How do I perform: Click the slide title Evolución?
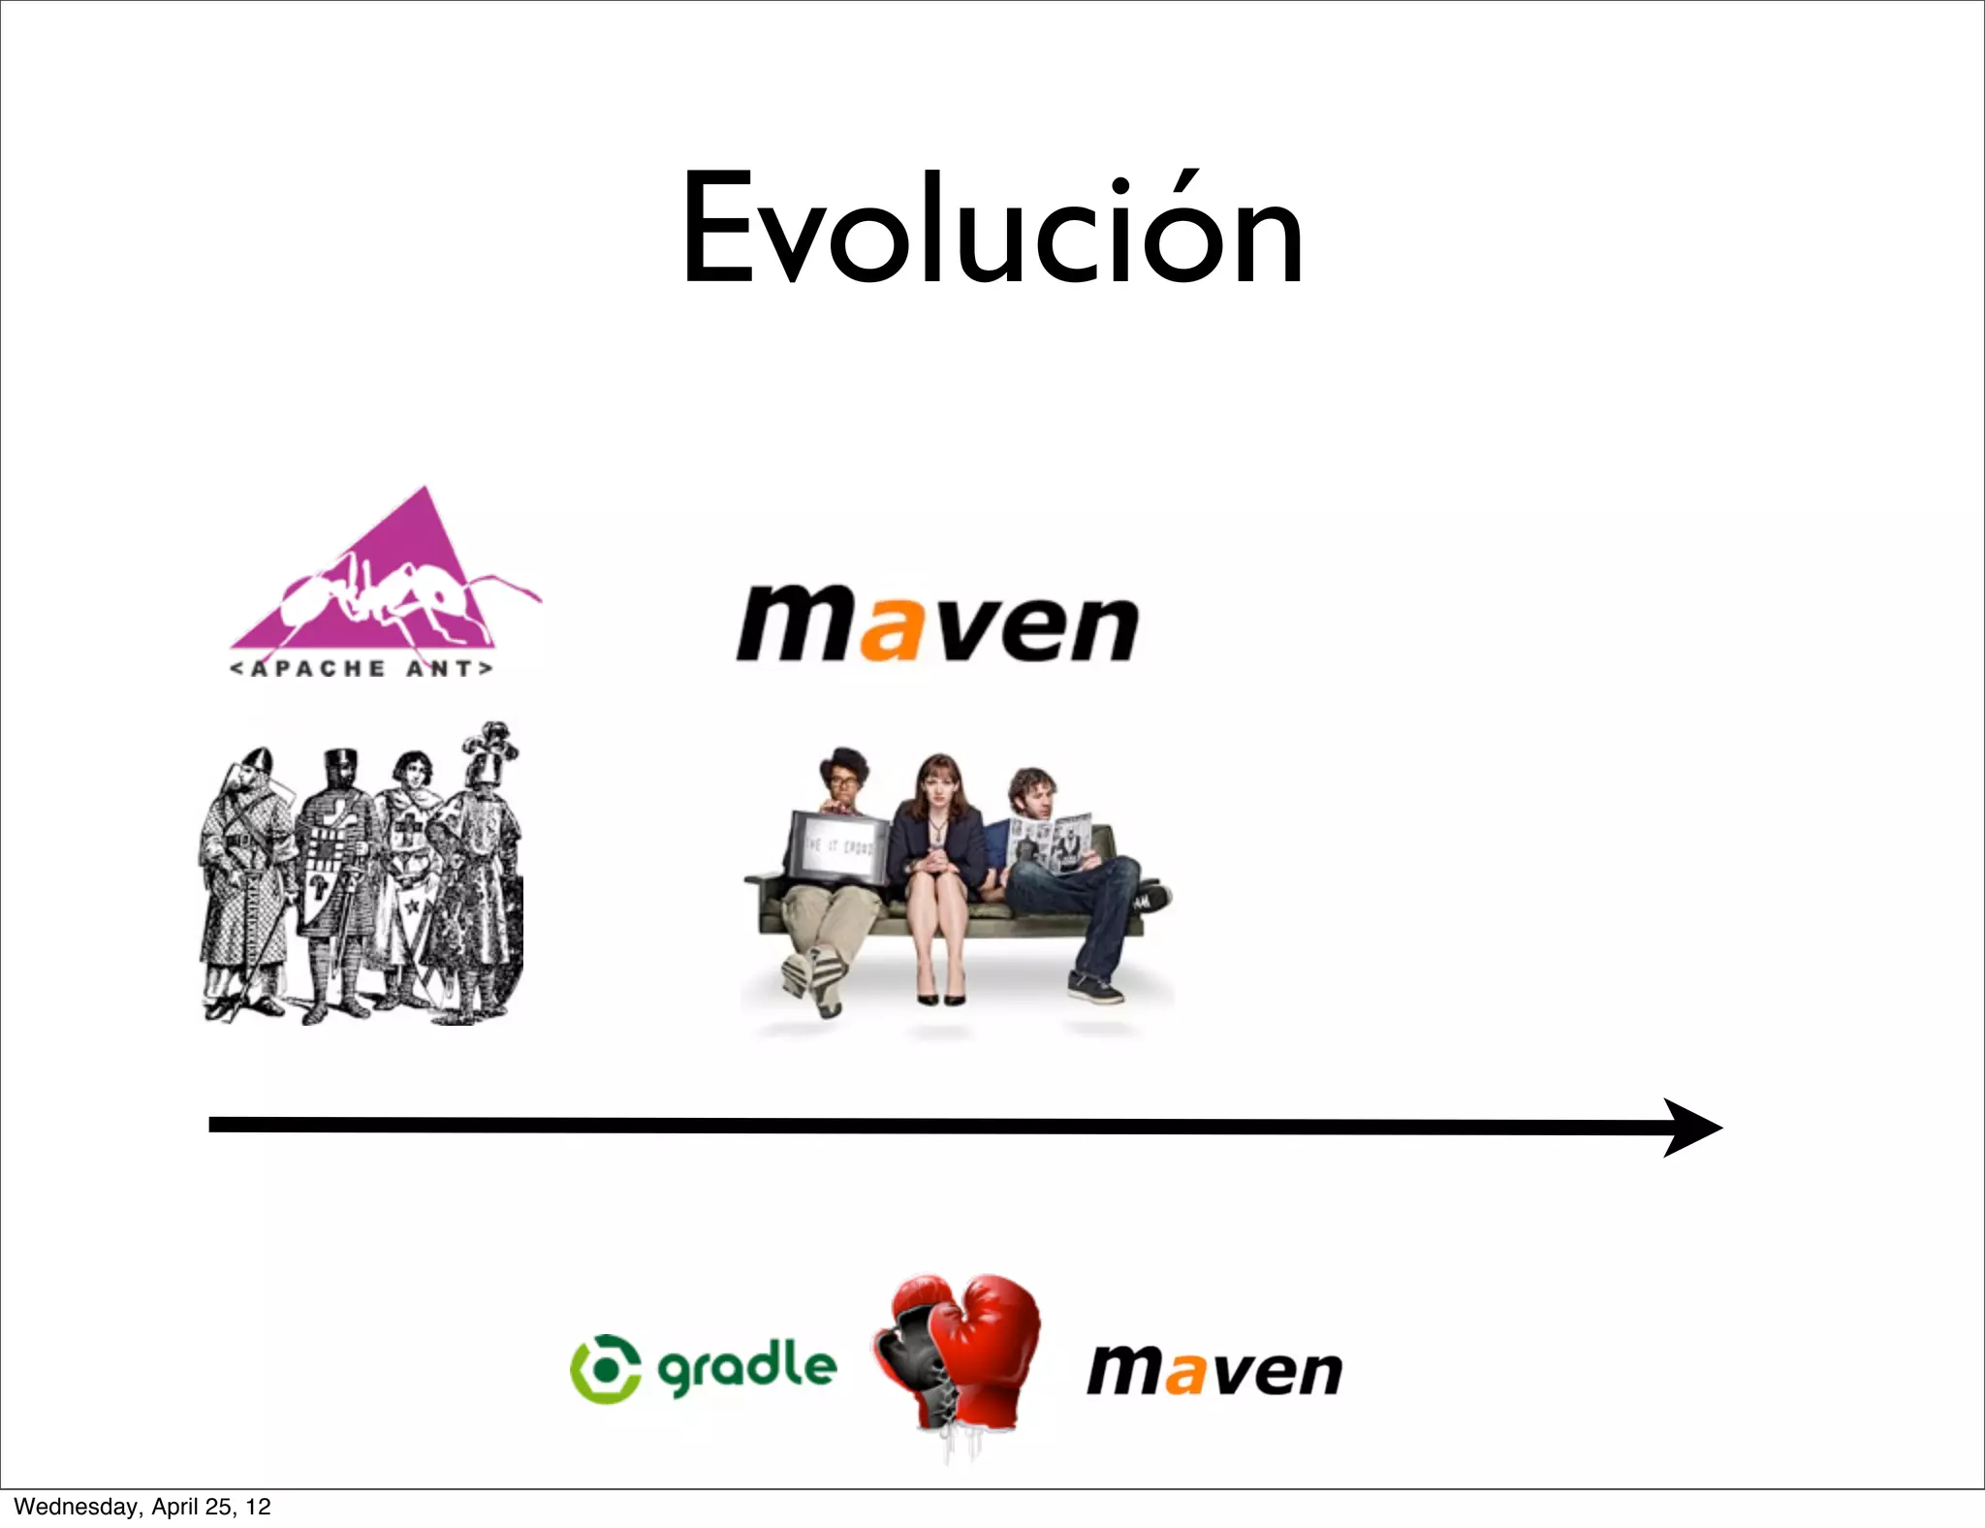992,230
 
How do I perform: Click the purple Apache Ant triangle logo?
388,582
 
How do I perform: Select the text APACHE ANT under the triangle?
362,669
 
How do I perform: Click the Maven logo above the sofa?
937,624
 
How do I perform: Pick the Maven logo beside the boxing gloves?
1214,1370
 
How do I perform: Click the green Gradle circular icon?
606,1368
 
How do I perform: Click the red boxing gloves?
957,1357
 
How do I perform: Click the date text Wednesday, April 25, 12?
142,1507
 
